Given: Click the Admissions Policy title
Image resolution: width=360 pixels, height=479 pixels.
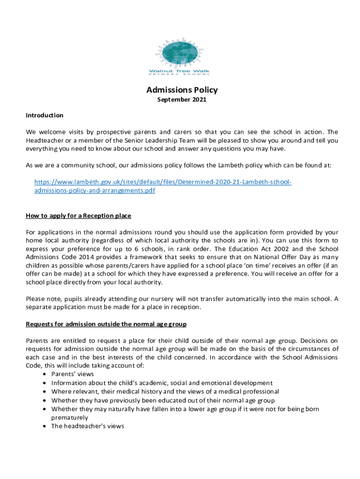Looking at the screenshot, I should (182, 90).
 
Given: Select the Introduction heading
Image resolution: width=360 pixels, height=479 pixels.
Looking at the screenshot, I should (44, 115).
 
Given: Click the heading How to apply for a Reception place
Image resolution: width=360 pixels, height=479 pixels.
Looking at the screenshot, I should (78, 216).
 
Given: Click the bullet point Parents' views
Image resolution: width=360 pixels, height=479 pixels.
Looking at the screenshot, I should (72, 374).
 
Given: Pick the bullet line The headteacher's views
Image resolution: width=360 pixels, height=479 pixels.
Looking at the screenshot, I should (87, 426).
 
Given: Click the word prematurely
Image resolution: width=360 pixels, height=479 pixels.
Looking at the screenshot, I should (70, 417).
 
